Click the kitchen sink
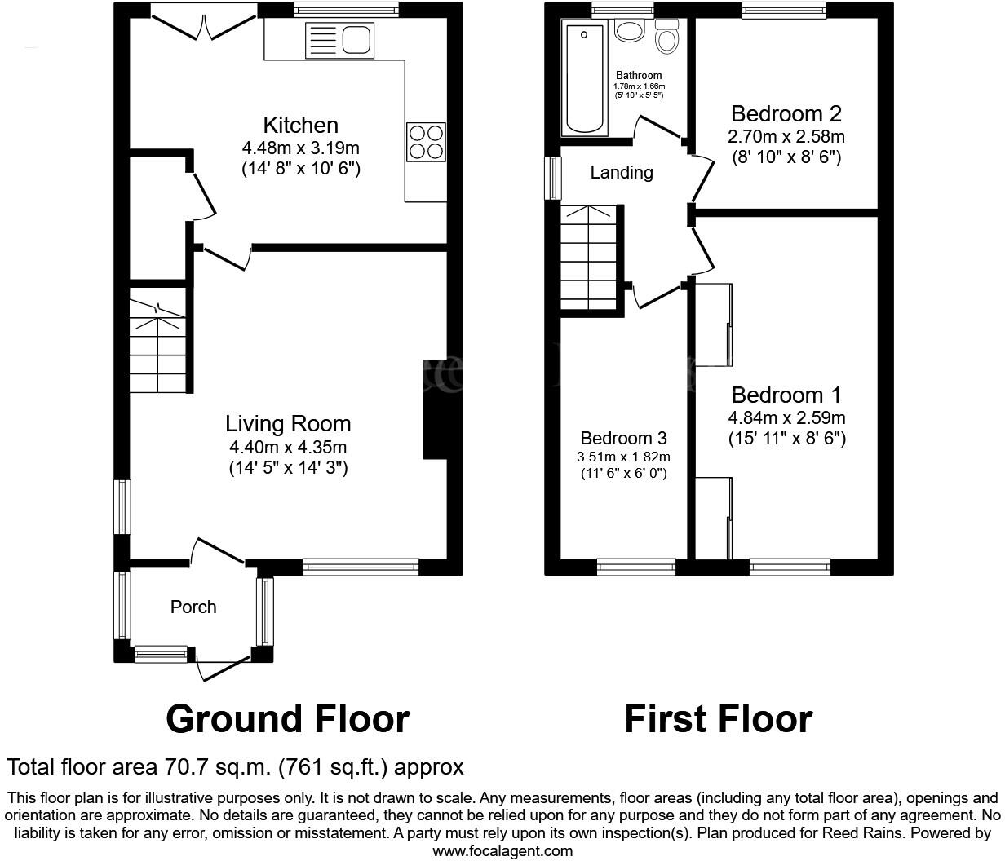click(x=339, y=40)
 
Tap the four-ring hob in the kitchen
click(x=426, y=142)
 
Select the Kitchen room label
click(x=300, y=126)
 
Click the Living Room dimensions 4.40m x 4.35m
click(x=288, y=447)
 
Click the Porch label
click(x=193, y=607)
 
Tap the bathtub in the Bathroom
click(x=584, y=79)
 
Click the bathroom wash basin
click(x=629, y=31)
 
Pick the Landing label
click(x=622, y=173)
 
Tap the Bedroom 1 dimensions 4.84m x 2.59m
click(x=786, y=418)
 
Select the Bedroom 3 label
click(x=623, y=438)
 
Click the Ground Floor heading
click(x=287, y=719)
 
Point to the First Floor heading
click(x=718, y=719)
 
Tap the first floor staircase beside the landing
click(x=587, y=257)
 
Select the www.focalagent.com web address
click(x=502, y=851)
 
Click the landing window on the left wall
click(x=554, y=178)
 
